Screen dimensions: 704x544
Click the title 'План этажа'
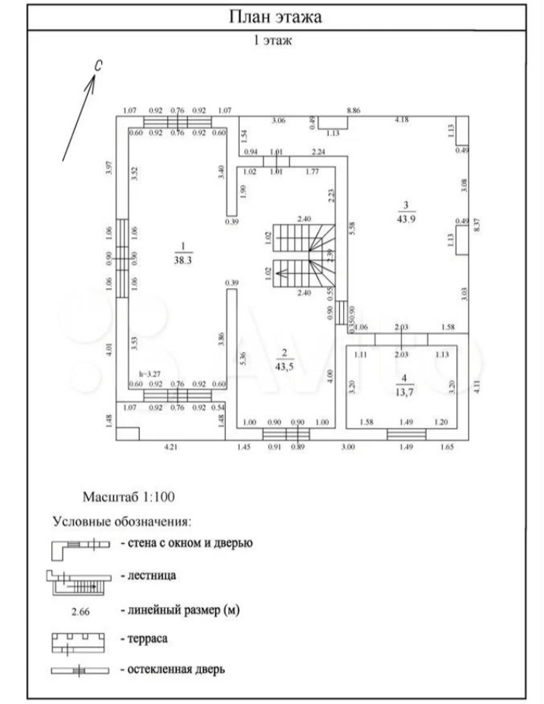tap(275, 17)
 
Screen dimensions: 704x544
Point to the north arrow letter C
tap(98, 67)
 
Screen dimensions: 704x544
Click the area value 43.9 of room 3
tap(406, 219)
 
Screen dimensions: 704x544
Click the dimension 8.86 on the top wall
tap(354, 110)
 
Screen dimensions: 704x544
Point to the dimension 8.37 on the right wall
tap(477, 225)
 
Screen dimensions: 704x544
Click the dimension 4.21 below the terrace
tap(172, 448)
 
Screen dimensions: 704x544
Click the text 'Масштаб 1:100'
tap(128, 498)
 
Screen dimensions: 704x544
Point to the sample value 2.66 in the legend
tap(79, 611)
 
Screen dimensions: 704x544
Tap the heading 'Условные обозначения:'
tap(122, 521)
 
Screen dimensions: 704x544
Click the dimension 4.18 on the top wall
tap(402, 119)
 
